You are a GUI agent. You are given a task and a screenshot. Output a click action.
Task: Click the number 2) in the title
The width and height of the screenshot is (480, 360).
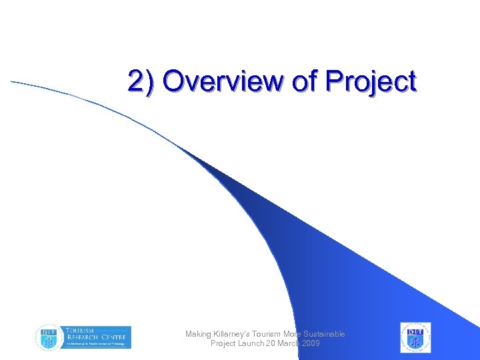click(x=141, y=82)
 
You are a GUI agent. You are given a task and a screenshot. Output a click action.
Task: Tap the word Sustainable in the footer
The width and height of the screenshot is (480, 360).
click(x=325, y=334)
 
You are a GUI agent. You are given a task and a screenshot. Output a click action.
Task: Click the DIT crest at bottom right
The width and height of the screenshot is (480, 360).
click(x=415, y=337)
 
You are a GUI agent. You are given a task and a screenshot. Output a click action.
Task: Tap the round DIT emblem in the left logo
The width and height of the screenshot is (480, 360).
click(x=47, y=337)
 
